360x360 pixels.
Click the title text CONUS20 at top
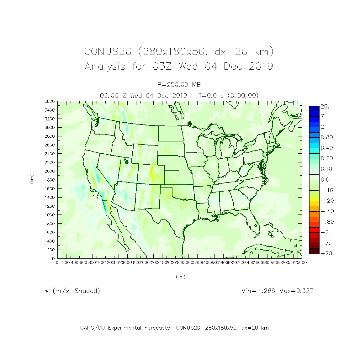pos(108,52)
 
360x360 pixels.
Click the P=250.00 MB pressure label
pos(179,85)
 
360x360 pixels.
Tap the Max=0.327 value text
pos(296,291)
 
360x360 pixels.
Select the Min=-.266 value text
pos(258,291)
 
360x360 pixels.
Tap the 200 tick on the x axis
pos(66,262)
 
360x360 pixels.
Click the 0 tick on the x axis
pos(57,262)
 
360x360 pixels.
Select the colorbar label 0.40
pos(327,148)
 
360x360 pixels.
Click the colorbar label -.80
pos(327,222)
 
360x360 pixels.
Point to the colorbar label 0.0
pos(325,180)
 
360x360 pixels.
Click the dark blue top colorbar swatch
pos(314,109)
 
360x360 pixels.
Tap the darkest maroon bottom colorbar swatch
pos(314,251)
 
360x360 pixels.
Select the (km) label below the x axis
pos(180,277)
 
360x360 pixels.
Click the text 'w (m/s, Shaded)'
pos(72,291)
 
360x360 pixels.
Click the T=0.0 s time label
pos(212,96)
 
